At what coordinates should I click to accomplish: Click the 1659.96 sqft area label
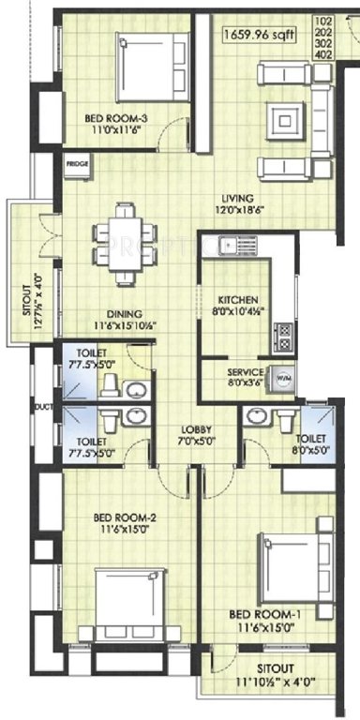point(260,37)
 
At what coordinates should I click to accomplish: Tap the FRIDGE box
point(77,163)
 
